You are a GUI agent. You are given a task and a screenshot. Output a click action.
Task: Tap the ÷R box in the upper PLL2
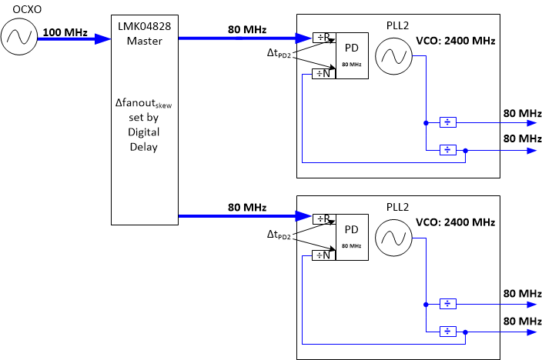[324, 37]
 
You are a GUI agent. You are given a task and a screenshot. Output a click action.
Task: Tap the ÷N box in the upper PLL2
[324, 74]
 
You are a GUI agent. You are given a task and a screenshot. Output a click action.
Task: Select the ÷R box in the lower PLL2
[324, 218]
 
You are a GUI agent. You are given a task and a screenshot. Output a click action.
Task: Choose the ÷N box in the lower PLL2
[324, 255]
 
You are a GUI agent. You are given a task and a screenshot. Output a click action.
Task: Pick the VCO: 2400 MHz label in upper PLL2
[454, 41]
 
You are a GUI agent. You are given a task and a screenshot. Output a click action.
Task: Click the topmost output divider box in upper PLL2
[447, 122]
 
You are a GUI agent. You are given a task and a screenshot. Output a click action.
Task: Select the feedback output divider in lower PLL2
[447, 332]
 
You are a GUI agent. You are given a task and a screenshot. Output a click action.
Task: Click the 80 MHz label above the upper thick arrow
[247, 30]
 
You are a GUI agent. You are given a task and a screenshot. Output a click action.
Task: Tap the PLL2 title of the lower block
[400, 207]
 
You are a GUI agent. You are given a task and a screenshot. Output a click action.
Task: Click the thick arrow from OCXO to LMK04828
[73, 41]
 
